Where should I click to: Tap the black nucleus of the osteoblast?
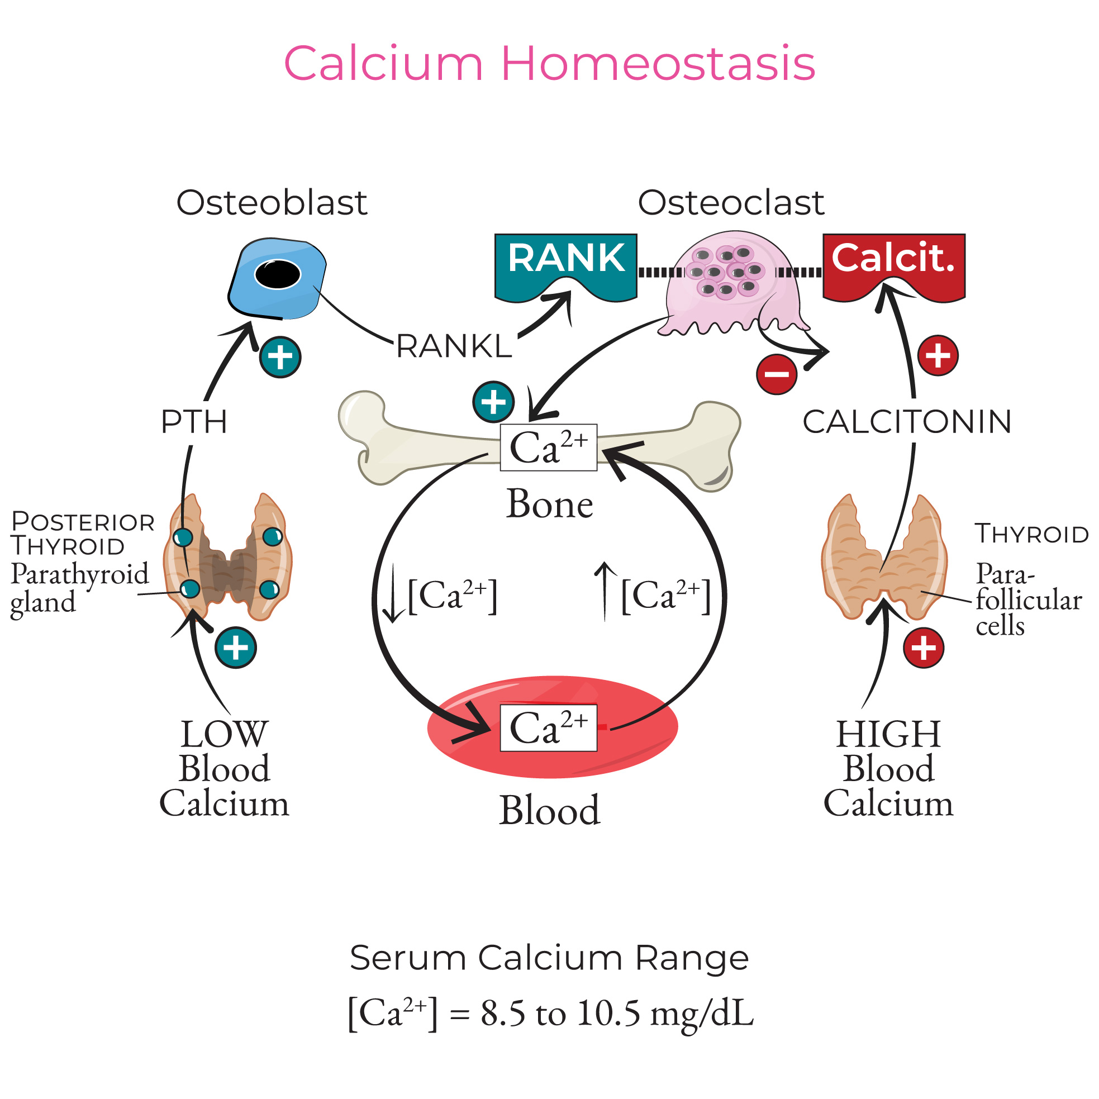click(x=278, y=275)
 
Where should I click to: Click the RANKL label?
click(x=454, y=346)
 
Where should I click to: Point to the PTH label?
click(x=194, y=422)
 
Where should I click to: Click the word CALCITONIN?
click(x=907, y=422)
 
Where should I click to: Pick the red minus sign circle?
click(x=776, y=374)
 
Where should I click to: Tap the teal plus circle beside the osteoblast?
click(x=280, y=357)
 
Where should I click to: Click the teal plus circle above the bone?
click(x=493, y=402)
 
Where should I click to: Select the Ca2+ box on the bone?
click(x=548, y=448)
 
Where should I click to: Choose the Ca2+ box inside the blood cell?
click(x=548, y=728)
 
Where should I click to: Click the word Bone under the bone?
click(x=550, y=504)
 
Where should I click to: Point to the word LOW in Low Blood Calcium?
click(x=224, y=734)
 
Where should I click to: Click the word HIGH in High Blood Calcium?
click(x=888, y=734)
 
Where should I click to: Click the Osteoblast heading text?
click(x=272, y=202)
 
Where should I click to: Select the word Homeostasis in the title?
click(x=658, y=64)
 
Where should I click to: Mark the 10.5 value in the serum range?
click(x=608, y=1013)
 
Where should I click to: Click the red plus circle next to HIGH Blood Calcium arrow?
click(x=923, y=648)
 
